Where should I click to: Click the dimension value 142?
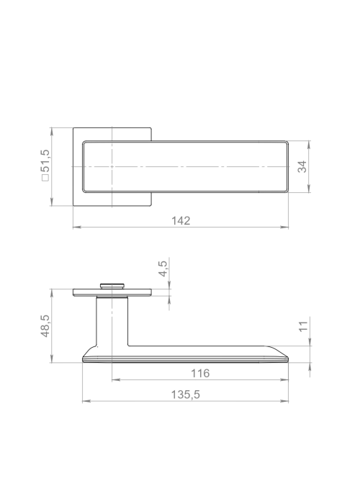[x=181, y=221]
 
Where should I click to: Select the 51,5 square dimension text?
[x=45, y=161]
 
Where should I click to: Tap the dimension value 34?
[x=302, y=167]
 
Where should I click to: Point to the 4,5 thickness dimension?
[x=163, y=269]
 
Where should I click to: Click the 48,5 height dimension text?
[x=45, y=325]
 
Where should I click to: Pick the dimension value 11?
[x=303, y=326]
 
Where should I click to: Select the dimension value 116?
[x=200, y=374]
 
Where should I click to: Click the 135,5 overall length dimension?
[x=185, y=395]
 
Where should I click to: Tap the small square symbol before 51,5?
[x=45, y=177]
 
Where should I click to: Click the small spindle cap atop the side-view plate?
[x=112, y=286]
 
